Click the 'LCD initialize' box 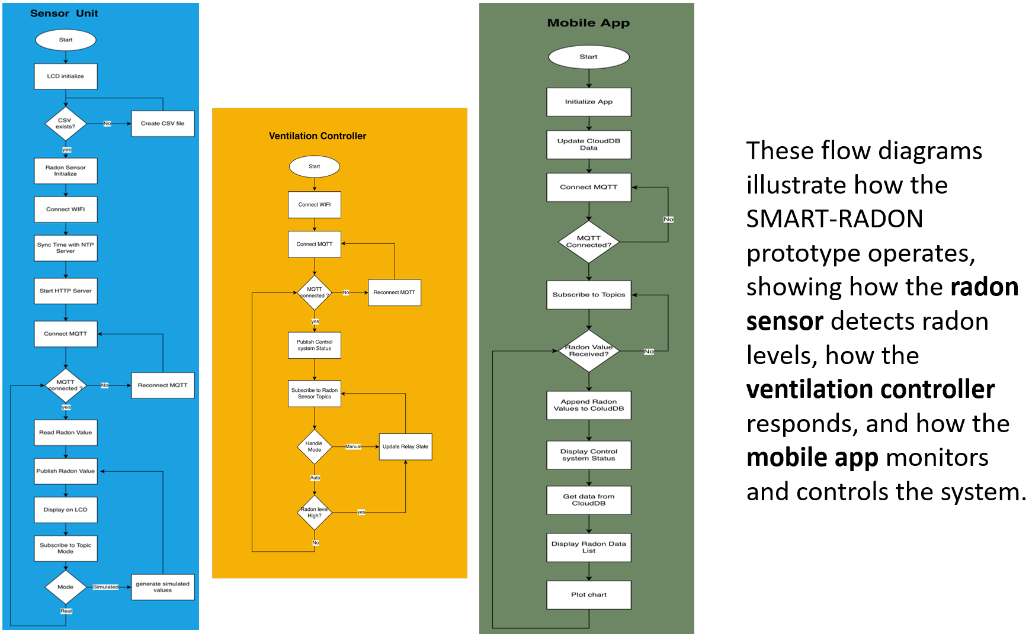point(66,76)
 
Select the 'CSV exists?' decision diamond point(66,124)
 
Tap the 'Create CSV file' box point(163,124)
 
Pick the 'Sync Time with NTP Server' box point(66,248)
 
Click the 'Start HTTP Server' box point(66,291)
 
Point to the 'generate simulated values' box point(163,587)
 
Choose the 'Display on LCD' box point(66,510)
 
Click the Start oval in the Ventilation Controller point(315,166)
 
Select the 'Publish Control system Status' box point(315,345)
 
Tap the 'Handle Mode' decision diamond point(315,446)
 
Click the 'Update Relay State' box point(406,446)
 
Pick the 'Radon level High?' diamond point(315,512)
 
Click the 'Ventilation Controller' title point(318,136)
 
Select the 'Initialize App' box point(589,102)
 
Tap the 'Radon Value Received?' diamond point(589,351)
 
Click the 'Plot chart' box point(589,595)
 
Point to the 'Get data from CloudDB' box point(589,500)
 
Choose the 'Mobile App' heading point(588,23)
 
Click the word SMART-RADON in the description point(835,219)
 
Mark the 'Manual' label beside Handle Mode point(353,446)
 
